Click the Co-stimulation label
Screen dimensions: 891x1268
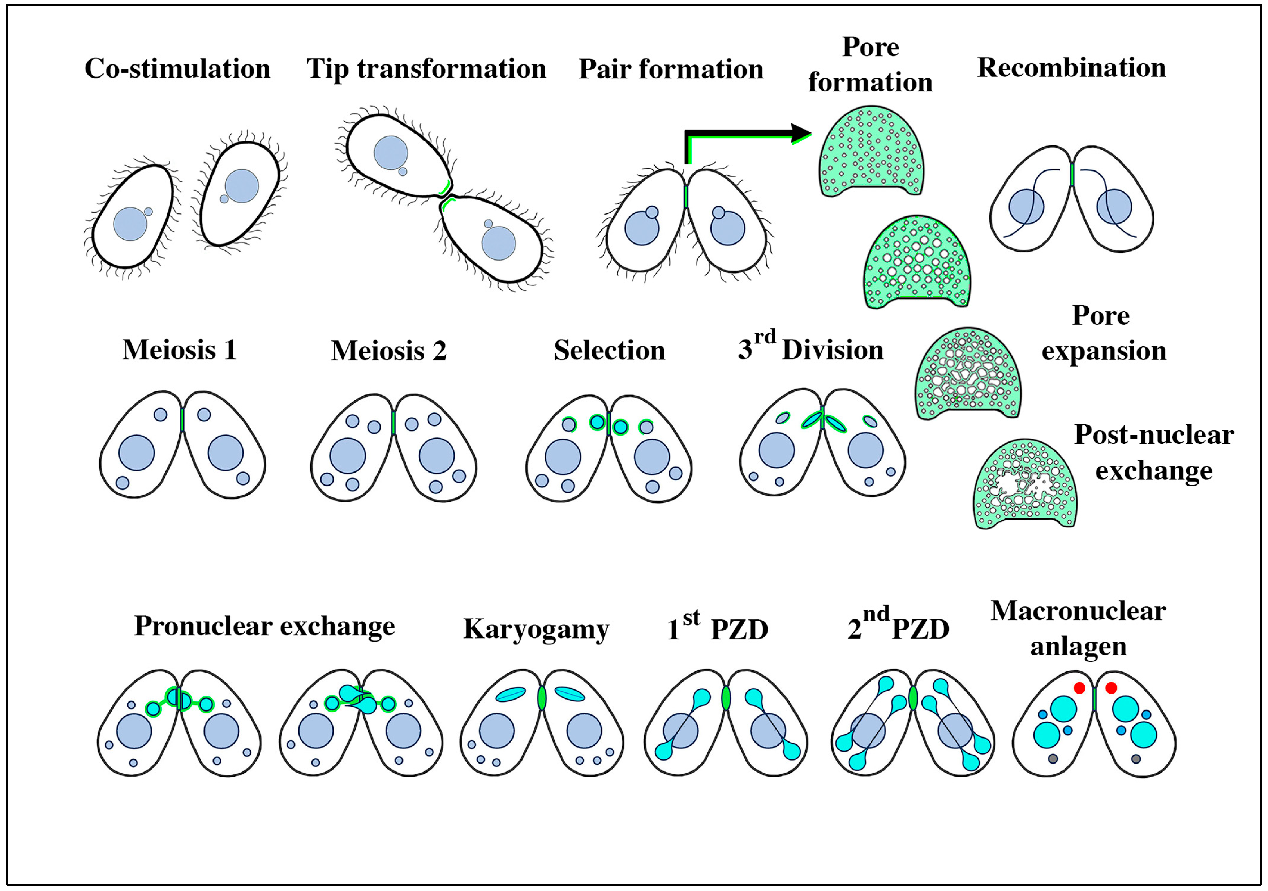click(177, 69)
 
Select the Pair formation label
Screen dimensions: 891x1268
click(671, 70)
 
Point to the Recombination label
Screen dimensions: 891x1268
click(1071, 68)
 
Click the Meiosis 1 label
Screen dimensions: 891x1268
click(179, 350)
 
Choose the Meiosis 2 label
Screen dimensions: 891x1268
click(389, 351)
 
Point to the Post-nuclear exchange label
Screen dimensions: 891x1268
click(1154, 453)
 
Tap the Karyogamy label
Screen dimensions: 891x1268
click(536, 629)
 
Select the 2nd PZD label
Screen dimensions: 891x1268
click(898, 628)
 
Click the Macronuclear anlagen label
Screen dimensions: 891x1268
click(1078, 629)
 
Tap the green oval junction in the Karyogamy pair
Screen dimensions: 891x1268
click(542, 698)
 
